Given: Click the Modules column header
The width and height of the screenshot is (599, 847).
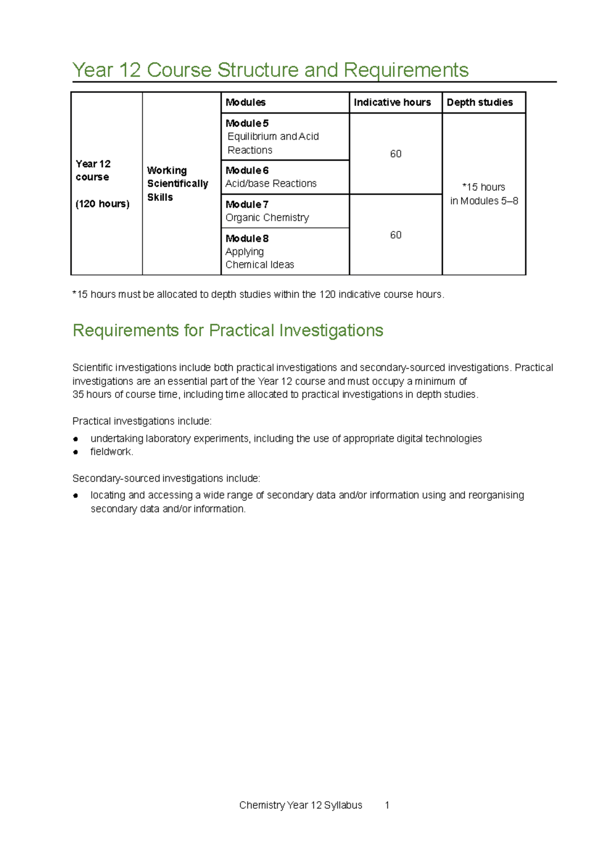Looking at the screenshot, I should point(245,102).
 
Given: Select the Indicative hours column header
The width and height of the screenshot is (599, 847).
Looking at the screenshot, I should point(392,102).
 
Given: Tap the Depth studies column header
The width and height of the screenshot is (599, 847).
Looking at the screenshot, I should point(479,102).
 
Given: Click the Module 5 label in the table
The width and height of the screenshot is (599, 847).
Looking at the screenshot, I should point(247,123).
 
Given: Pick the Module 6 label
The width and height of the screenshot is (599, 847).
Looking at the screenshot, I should point(247,171).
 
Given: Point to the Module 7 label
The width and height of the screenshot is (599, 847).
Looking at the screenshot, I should point(247,205).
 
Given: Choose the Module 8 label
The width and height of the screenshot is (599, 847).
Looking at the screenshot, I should point(247,238).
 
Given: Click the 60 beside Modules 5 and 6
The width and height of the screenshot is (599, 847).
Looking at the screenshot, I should point(395,154).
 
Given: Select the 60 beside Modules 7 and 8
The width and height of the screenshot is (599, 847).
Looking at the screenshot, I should point(395,235).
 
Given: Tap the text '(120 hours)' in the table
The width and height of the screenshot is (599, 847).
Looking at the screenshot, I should point(102,204).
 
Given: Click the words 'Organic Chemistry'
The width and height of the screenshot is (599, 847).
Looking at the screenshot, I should point(267,217).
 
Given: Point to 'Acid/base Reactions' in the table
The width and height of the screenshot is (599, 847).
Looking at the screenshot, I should point(271,184).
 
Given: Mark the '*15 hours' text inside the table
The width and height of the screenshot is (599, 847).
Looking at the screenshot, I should point(483,187).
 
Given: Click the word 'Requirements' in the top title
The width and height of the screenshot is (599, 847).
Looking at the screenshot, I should point(406,70).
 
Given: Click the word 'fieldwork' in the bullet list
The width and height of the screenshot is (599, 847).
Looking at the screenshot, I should point(111,452).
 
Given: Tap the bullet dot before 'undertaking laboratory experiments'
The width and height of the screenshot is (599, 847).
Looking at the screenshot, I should point(76,439).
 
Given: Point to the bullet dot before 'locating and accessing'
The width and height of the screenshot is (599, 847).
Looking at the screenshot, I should point(76,496).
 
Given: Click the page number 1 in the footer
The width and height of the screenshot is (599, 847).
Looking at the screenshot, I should point(387,805).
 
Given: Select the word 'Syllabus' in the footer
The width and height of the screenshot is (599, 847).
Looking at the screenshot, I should point(343,805).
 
